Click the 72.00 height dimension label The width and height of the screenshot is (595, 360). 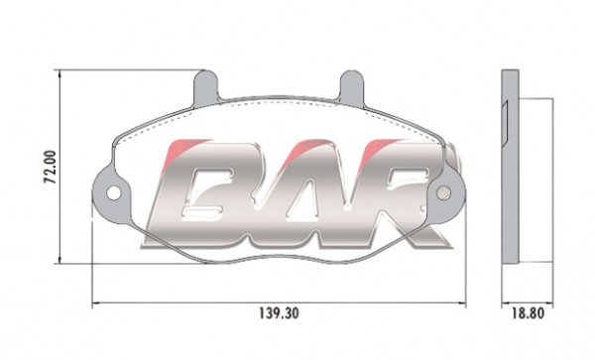click(x=51, y=168)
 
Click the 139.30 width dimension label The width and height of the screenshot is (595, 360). click(x=279, y=313)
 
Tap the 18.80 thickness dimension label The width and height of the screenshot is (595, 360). click(x=528, y=313)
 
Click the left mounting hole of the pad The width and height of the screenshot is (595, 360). click(x=113, y=193)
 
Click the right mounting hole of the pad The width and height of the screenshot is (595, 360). click(x=443, y=193)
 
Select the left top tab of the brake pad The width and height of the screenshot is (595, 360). click(x=205, y=86)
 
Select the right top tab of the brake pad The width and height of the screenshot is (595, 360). click(x=351, y=86)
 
